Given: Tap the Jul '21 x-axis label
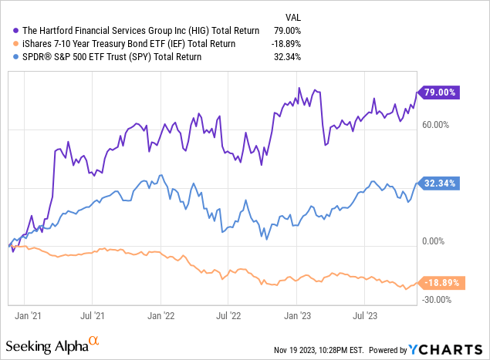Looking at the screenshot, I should coord(93,315).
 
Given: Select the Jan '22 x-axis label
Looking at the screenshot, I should coord(161,315).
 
